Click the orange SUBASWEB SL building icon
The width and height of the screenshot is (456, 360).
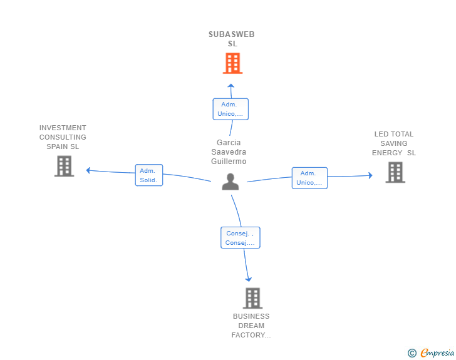pyautogui.click(x=232, y=63)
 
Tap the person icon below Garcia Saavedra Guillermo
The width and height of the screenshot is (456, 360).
pyautogui.click(x=231, y=182)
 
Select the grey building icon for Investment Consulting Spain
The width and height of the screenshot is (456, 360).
pyautogui.click(x=65, y=166)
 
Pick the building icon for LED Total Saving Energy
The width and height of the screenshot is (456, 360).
pyautogui.click(x=395, y=172)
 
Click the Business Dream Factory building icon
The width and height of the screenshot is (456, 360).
pyautogui.click(x=252, y=298)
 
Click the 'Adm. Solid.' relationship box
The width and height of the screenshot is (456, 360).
pyautogui.click(x=149, y=175)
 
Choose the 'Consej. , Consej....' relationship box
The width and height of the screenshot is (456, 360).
pyautogui.click(x=241, y=237)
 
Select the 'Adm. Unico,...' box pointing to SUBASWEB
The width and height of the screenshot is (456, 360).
pyautogui.click(x=231, y=109)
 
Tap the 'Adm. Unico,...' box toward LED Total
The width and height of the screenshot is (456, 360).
pyautogui.click(x=309, y=178)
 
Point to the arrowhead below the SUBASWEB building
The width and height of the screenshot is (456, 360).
pyautogui.click(x=231, y=86)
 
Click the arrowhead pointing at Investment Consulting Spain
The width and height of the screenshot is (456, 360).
pyautogui.click(x=88, y=170)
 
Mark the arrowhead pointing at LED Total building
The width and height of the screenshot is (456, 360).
pyautogui.click(x=371, y=175)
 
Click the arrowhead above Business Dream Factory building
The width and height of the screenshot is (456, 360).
pyautogui.click(x=248, y=279)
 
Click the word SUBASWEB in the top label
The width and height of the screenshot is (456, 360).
pyautogui.click(x=232, y=34)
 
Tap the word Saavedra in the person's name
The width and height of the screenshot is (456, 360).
pyautogui.click(x=229, y=152)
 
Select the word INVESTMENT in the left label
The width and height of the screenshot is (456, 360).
pyautogui.click(x=63, y=128)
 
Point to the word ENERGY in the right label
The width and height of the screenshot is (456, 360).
pyautogui.click(x=387, y=153)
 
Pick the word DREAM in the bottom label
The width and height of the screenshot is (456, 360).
pyautogui.click(x=251, y=326)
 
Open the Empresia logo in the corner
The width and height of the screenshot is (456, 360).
pyautogui.click(x=437, y=352)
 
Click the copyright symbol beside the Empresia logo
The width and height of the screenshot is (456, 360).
pyautogui.click(x=412, y=353)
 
